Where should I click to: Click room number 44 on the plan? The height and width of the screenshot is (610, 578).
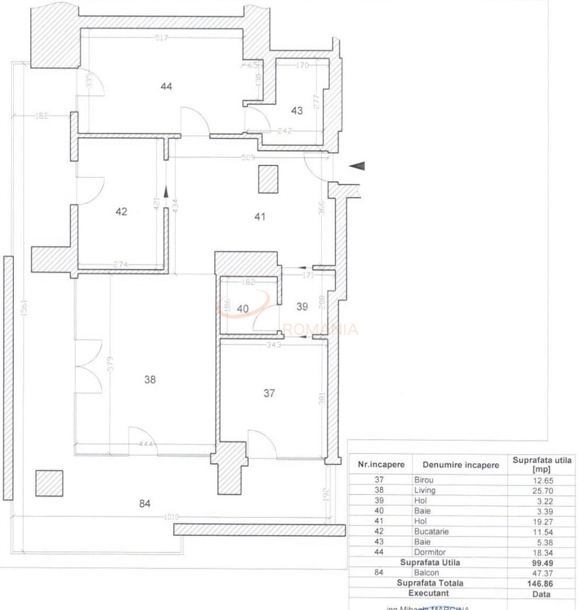coord(167,87)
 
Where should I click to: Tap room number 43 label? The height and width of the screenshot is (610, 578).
coord(297,110)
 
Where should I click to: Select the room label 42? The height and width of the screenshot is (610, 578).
coord(121,211)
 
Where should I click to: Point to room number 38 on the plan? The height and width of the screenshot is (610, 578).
coord(150,379)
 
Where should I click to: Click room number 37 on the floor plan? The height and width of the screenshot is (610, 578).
coord(269,393)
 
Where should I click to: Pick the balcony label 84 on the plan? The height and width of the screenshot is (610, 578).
coord(145,503)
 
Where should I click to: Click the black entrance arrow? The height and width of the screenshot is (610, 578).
coord(357,166)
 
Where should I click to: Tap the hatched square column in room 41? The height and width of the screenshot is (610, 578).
coord(269,179)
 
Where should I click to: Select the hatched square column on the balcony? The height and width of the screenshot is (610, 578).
coord(49,483)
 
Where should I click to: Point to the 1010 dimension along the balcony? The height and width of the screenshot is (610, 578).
coord(171,517)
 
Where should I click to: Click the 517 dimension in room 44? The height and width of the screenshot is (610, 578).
coord(162,38)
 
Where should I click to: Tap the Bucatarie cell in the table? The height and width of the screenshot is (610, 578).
coord(432,532)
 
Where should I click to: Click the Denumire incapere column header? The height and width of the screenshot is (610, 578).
coord(460,465)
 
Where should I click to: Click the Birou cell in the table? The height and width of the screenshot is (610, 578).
coord(424,480)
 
